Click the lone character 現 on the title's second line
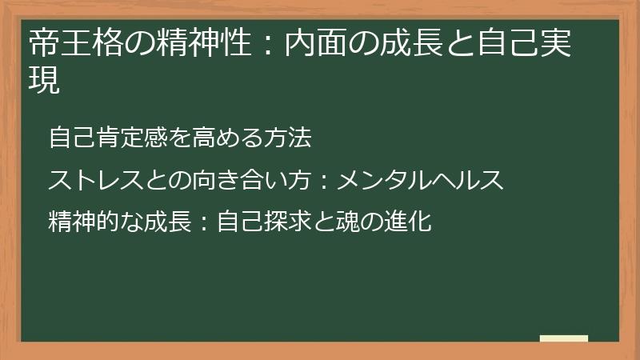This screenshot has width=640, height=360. [x=44, y=81]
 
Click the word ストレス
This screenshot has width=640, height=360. [x=91, y=180]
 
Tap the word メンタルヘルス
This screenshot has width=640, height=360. [x=420, y=180]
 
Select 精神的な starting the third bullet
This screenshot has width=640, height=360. [x=91, y=221]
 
